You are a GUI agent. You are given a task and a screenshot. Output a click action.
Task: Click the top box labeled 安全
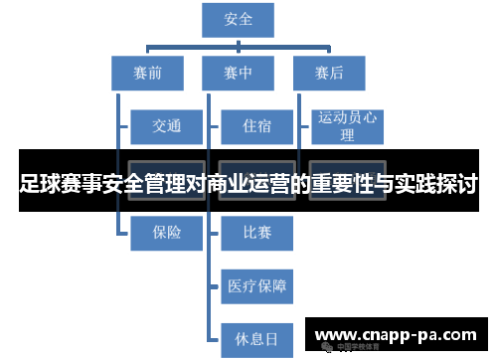[239, 20]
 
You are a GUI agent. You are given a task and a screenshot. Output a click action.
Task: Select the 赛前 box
[146, 72]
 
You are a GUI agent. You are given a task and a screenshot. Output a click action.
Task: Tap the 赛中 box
[239, 72]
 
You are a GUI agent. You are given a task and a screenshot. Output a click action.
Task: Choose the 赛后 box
[329, 72]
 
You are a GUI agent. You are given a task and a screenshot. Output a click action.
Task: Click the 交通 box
[166, 126]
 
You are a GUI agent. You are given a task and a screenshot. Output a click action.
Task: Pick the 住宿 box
[256, 126]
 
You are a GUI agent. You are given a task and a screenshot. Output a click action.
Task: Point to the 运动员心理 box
[347, 126]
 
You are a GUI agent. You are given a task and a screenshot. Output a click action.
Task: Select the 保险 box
[166, 233]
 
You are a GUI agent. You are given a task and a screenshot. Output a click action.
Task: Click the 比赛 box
[256, 233]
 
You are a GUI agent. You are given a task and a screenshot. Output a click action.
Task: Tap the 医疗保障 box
[256, 286]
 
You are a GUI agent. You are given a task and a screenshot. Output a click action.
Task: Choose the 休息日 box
[256, 339]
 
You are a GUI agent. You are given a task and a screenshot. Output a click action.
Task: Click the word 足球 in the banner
[40, 185]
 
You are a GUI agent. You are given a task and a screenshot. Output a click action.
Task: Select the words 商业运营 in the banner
[248, 185]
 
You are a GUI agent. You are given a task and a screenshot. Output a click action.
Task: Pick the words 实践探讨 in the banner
[437, 185]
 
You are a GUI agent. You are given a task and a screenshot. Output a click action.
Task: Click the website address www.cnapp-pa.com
[396, 335]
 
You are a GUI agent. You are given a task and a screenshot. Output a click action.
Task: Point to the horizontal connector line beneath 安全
[239, 44]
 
